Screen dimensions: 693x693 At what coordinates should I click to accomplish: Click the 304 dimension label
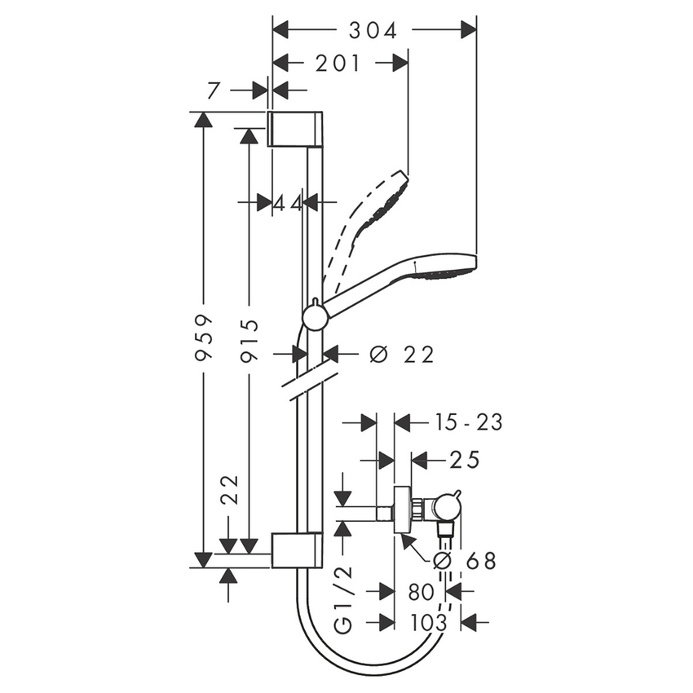tap(373, 30)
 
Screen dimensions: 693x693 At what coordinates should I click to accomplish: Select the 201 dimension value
tap(338, 64)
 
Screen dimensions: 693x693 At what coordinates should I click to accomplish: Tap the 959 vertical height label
tap(204, 337)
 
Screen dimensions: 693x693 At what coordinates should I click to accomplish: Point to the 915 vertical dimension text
tap(249, 341)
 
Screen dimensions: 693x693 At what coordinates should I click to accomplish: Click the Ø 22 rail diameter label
tap(401, 355)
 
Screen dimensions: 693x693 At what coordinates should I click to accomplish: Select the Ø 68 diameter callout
tap(465, 560)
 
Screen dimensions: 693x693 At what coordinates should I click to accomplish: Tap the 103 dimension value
tap(429, 623)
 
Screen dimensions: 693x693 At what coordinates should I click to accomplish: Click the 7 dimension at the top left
tap(214, 90)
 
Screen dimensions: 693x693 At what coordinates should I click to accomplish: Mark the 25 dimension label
tap(464, 460)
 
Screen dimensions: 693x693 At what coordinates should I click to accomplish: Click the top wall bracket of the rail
tap(295, 130)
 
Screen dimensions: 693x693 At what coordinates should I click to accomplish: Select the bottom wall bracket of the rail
tap(295, 551)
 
